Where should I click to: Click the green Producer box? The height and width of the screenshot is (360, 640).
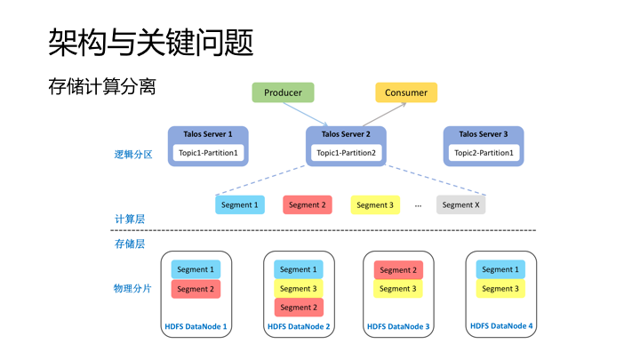[283, 92]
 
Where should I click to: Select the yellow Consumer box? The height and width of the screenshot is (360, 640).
[406, 92]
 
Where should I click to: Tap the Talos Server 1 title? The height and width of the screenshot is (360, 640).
[208, 134]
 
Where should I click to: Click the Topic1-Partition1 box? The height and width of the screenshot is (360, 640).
[208, 153]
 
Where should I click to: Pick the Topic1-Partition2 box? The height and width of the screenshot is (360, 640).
[346, 153]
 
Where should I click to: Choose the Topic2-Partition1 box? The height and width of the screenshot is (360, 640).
[484, 153]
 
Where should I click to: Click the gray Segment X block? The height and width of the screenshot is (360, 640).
[460, 204]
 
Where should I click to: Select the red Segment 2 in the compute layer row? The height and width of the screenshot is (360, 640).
[308, 204]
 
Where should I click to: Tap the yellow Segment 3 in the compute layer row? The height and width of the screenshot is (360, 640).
[374, 204]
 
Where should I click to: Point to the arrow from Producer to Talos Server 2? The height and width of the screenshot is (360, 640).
[308, 115]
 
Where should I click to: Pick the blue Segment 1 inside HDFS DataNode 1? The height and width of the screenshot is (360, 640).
[196, 269]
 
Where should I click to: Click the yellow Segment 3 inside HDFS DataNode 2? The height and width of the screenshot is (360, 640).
[298, 288]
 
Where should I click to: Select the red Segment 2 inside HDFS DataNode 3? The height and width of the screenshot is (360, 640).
[398, 269]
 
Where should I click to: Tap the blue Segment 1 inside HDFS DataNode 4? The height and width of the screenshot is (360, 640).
[500, 269]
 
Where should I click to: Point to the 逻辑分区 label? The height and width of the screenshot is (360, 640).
[133, 154]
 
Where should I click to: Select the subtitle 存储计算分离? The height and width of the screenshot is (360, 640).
[102, 86]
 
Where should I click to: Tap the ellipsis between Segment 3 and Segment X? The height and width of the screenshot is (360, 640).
[418, 205]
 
